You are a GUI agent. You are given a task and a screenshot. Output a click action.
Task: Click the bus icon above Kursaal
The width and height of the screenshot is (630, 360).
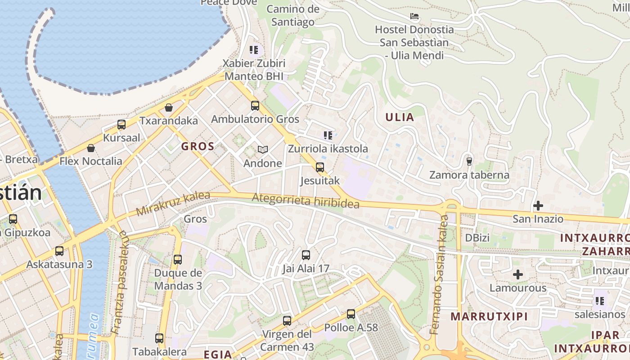[121, 125]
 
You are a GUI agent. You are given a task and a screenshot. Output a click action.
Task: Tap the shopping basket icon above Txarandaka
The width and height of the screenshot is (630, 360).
[169, 108]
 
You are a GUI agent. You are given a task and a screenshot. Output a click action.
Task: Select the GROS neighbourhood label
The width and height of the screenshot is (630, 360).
[198, 146]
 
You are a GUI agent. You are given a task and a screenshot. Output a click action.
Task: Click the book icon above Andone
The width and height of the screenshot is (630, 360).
[262, 149]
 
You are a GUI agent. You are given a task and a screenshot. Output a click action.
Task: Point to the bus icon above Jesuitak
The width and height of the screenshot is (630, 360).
[319, 167]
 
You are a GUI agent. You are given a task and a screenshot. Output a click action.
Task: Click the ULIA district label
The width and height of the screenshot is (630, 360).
[399, 117]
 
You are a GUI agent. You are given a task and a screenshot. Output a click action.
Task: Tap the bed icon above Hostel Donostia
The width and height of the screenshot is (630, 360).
[414, 17]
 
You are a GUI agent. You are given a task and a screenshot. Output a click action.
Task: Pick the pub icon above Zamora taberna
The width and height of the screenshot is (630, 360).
[469, 161]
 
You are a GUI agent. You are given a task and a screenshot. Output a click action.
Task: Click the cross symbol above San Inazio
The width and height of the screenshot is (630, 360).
[538, 206]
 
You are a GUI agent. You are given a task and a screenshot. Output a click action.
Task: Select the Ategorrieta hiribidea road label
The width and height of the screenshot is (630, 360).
[306, 201]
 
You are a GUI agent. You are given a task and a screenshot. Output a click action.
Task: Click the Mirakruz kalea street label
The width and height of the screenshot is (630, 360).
[173, 203]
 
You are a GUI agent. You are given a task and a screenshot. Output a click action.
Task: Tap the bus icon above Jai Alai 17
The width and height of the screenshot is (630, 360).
[306, 255]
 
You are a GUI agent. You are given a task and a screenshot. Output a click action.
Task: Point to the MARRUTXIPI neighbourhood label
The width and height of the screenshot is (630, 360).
[489, 316]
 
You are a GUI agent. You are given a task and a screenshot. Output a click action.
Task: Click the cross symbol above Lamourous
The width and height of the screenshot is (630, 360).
[518, 274]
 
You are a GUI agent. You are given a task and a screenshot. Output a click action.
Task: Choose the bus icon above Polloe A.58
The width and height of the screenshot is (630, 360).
[351, 314]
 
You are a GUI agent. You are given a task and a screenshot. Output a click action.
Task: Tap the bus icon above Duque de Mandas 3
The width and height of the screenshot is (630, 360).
[178, 260]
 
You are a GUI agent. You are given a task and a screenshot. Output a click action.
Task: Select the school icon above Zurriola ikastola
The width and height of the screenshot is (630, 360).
[328, 135]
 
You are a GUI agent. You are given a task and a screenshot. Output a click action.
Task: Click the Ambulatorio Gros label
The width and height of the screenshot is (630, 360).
[255, 119]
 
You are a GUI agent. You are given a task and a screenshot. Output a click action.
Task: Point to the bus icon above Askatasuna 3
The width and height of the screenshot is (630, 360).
[59, 251]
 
